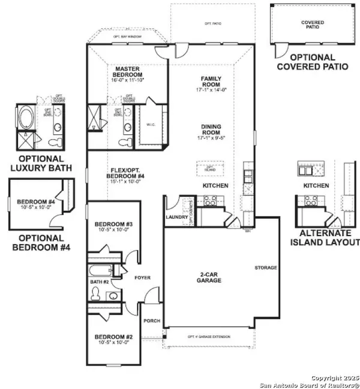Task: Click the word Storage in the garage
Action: [265, 267]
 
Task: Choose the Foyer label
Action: [142, 278]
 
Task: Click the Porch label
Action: [152, 321]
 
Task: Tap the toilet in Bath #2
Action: [95, 294]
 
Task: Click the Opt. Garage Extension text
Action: [208, 336]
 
